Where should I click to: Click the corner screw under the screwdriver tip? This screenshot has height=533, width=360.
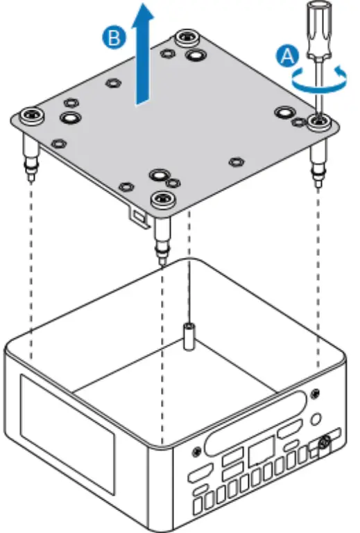[x=319, y=123]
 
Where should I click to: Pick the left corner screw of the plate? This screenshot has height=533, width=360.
[x=31, y=112]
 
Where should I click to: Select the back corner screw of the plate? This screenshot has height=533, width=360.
[x=186, y=37]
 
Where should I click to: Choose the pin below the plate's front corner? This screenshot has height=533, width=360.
[x=162, y=243]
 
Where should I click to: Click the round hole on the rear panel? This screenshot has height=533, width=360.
[x=317, y=419]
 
